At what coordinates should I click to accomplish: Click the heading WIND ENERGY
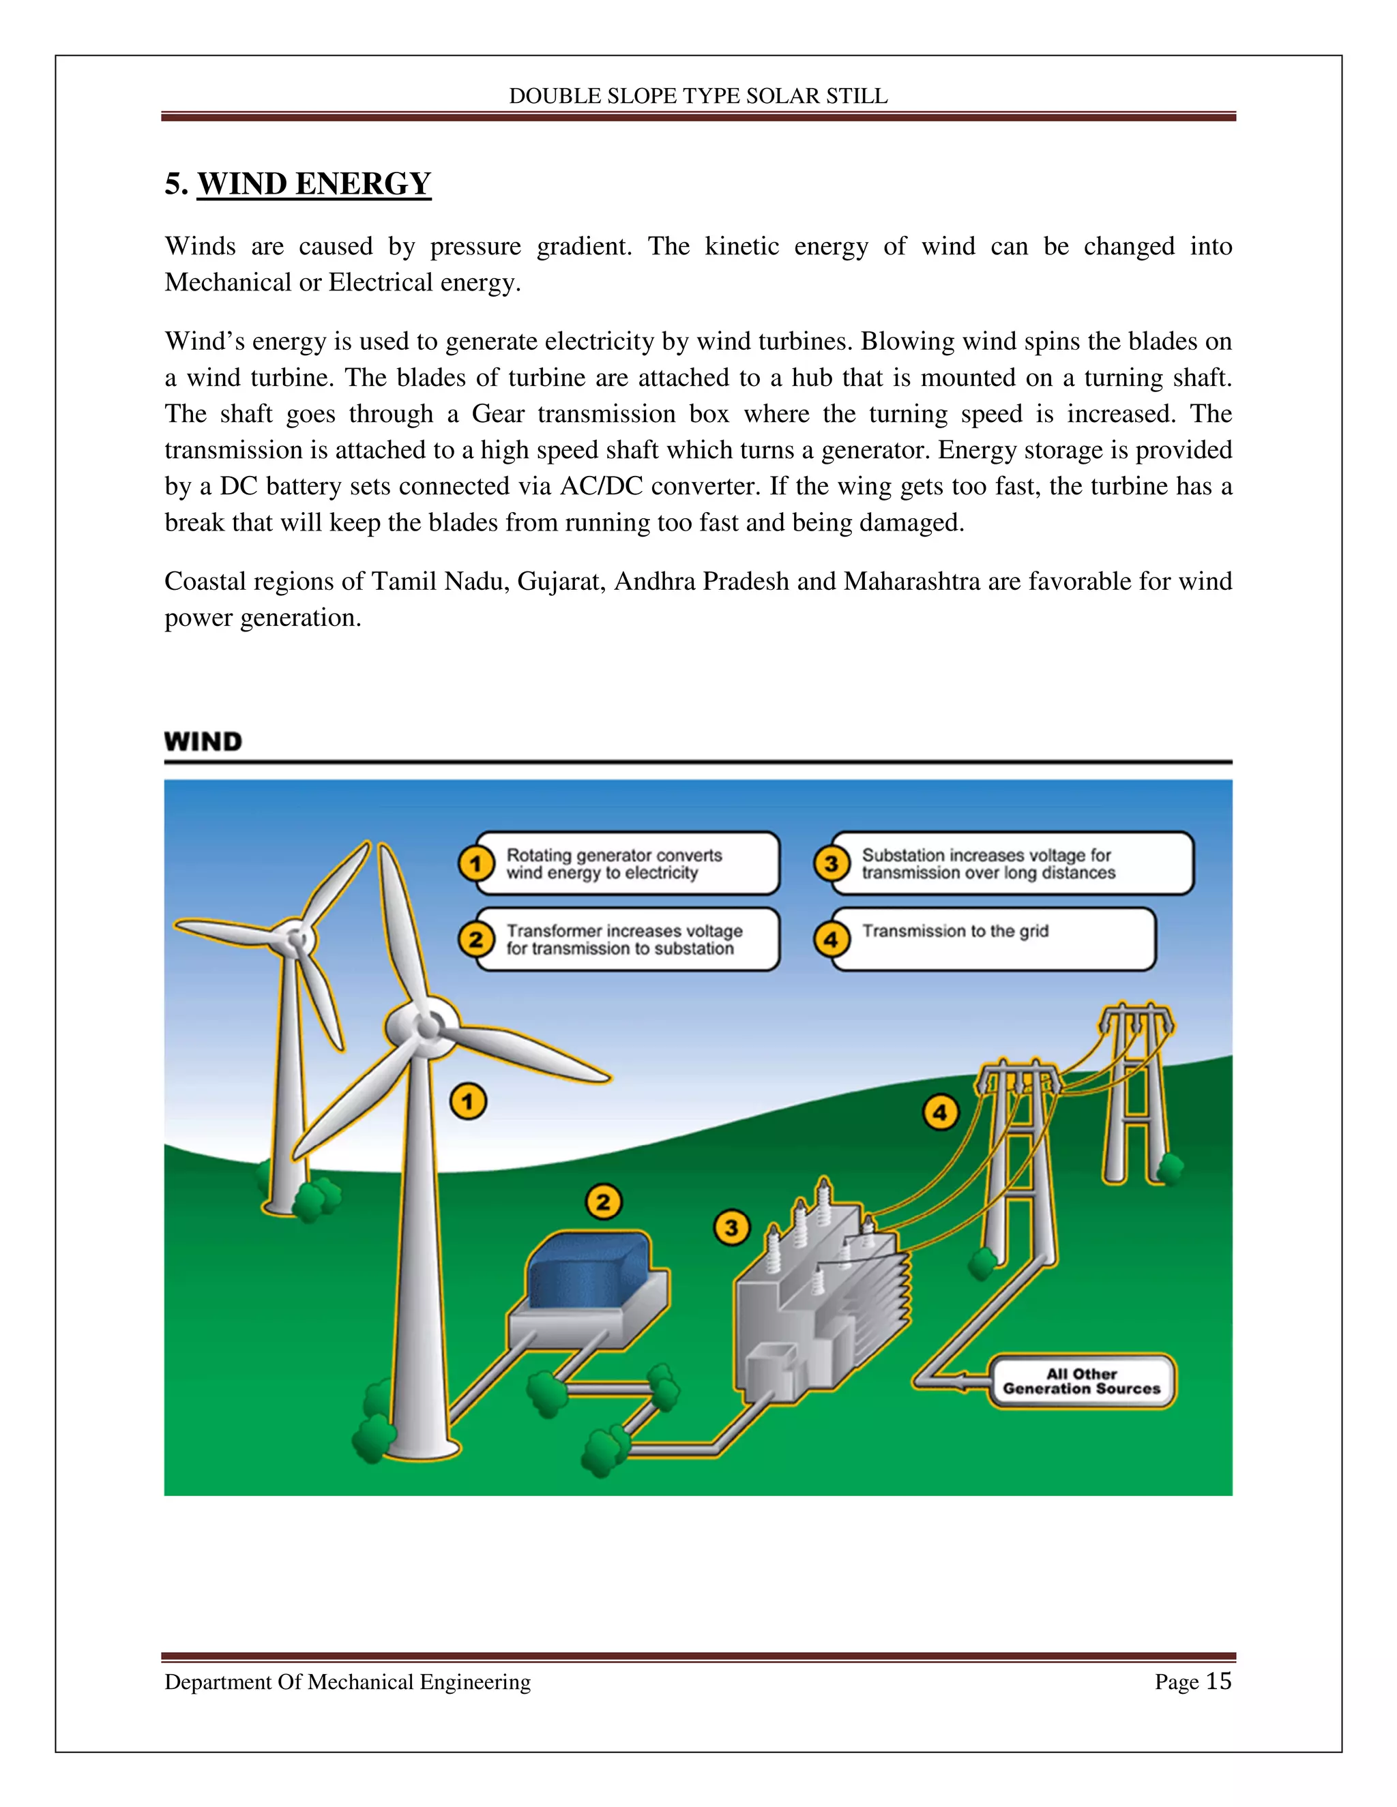click(x=314, y=183)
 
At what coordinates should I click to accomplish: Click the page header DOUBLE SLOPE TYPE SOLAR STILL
click(x=698, y=96)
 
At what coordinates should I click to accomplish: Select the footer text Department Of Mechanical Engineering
click(x=348, y=1682)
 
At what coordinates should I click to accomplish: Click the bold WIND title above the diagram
click(x=203, y=741)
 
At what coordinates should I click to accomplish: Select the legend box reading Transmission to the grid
click(x=993, y=939)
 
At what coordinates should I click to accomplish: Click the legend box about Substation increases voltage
click(x=1012, y=864)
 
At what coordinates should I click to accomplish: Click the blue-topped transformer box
click(x=589, y=1275)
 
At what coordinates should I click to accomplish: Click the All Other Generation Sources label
click(x=1082, y=1381)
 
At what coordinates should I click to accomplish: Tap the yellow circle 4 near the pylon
click(x=941, y=1113)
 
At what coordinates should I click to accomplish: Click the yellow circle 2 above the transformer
click(x=603, y=1201)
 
